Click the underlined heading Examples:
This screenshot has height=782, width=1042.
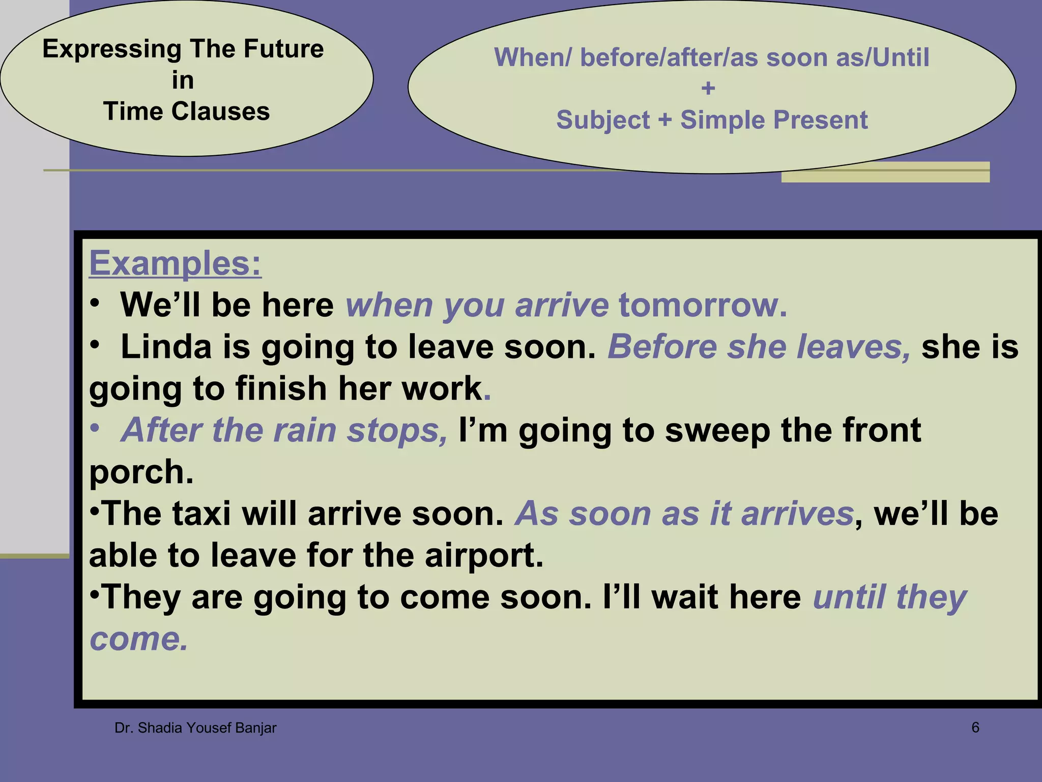[x=175, y=263]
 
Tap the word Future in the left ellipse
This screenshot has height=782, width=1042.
[x=283, y=49]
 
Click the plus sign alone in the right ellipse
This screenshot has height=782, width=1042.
[x=708, y=89]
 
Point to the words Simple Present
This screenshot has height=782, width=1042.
[x=773, y=121]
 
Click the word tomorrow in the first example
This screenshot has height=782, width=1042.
[x=702, y=305]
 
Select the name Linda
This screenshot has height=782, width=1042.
[x=166, y=347]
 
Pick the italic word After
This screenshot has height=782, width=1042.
[x=162, y=431]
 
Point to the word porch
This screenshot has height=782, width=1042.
[x=141, y=472]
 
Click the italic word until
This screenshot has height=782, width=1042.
[x=849, y=597]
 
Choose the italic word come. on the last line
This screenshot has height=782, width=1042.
[x=139, y=639]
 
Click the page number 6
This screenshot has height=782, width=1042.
[x=975, y=728]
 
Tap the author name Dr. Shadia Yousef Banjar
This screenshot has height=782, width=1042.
[x=195, y=728]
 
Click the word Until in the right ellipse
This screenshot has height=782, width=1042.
[x=901, y=58]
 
